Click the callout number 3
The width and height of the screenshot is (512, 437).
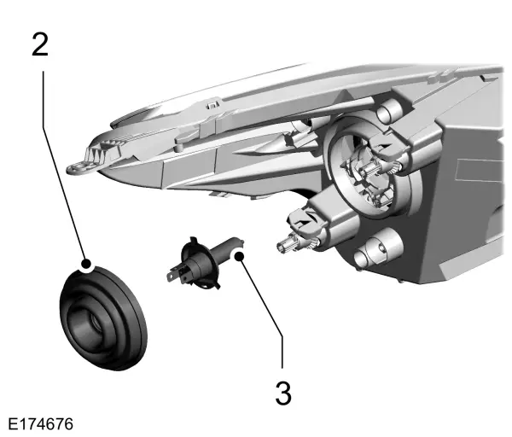click(283, 393)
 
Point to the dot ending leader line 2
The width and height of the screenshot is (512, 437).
click(85, 264)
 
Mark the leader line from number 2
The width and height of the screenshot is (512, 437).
click(65, 162)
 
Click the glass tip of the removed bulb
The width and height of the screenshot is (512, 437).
click(234, 248)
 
